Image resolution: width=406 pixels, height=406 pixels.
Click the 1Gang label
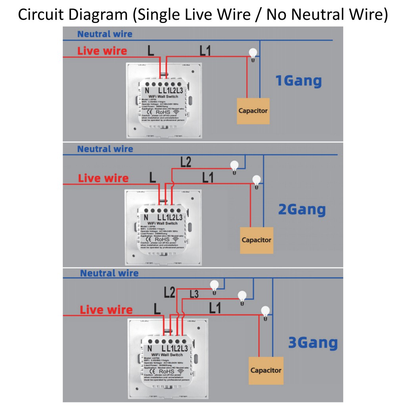(299, 80)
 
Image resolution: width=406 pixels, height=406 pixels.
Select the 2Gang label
(302, 209)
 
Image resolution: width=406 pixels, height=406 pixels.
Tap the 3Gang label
(313, 343)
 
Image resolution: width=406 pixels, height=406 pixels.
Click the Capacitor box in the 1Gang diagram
(253, 111)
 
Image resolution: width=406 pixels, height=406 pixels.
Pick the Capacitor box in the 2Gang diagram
(257, 240)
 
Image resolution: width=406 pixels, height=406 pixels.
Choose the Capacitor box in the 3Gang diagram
(266, 370)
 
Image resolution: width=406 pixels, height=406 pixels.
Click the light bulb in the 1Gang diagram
(252, 54)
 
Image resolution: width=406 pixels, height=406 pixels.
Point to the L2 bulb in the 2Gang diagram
(234, 166)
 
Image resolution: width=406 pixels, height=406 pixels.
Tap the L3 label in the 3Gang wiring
(194, 294)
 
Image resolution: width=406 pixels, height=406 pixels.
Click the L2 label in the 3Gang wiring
(169, 293)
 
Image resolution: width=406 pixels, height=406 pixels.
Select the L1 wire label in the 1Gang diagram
(205, 50)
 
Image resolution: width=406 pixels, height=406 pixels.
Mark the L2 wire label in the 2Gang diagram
(186, 162)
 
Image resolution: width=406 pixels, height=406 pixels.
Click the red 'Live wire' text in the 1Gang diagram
(102, 51)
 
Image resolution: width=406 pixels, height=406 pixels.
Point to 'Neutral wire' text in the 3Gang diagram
(109, 273)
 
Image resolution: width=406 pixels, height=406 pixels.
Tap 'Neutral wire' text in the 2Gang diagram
(105, 149)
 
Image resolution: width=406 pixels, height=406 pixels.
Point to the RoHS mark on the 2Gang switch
(162, 239)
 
